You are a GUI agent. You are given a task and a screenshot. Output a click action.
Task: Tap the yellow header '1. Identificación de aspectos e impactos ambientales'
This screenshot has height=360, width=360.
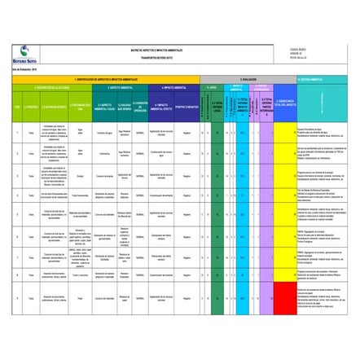pyautogui.click(x=106, y=79)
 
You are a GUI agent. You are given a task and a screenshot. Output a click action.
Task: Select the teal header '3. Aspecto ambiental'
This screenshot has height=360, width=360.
pyautogui.click(x=119, y=86)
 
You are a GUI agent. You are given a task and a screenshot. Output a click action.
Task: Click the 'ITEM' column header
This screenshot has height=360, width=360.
pyautogui.click(x=7, y=105)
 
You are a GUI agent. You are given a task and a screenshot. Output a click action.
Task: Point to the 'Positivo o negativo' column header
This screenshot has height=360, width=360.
pyautogui.click(x=187, y=105)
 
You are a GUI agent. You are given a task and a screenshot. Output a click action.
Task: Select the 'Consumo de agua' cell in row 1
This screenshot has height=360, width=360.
pyautogui.click(x=105, y=132)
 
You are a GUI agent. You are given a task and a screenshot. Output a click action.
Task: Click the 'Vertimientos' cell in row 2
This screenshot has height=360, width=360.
pyautogui.click(x=105, y=152)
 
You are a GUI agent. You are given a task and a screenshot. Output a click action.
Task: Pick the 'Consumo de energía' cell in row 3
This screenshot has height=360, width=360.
pyautogui.click(x=105, y=175)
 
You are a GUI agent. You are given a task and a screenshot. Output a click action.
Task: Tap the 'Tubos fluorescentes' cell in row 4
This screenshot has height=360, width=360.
pyautogui.click(x=80, y=195)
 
